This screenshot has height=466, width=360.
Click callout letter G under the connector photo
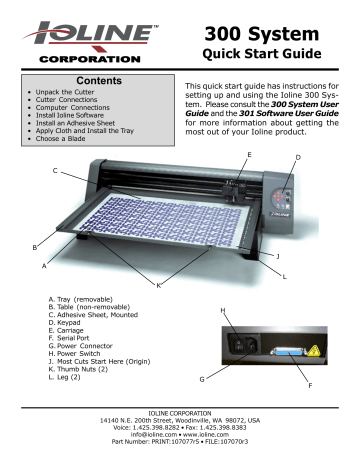point(201,379)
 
